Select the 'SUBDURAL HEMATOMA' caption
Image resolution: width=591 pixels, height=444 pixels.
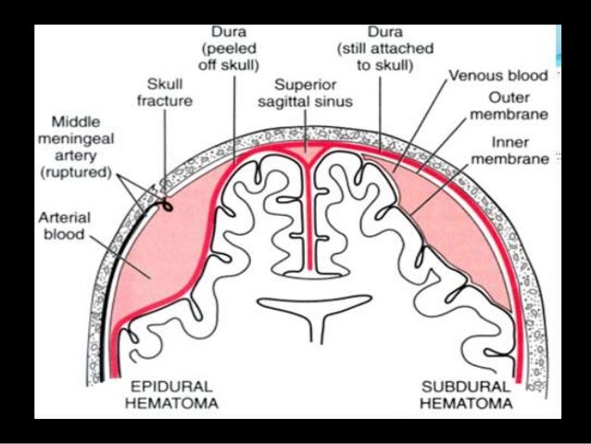465,395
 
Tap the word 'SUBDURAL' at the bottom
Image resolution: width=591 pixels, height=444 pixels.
465,386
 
